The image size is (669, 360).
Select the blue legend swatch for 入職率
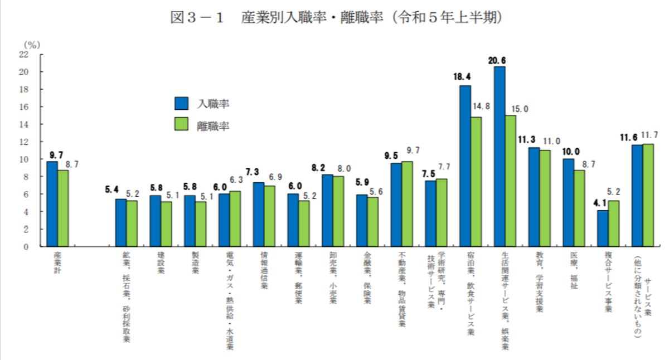pos(182,104)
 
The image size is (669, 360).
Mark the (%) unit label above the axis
pos(31,43)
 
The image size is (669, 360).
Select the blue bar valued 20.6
pos(500,157)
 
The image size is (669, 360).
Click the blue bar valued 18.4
pos(465,166)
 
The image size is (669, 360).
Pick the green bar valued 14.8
pos(477,182)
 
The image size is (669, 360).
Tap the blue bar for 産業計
pos(52,204)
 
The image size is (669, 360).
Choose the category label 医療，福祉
pos(574,271)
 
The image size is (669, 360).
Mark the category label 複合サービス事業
pos(608,281)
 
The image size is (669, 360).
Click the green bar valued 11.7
pos(648,195)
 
